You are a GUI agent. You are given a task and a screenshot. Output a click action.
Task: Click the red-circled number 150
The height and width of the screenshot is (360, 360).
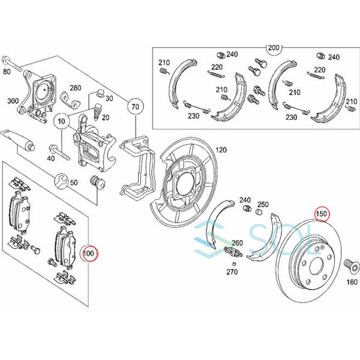[x=322, y=214]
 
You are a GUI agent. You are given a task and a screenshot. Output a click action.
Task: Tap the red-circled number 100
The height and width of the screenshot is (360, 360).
[x=89, y=253]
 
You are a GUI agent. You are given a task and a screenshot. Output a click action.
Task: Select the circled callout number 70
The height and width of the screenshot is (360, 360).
[x=135, y=107]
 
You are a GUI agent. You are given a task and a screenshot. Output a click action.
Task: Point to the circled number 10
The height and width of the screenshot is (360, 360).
[x=62, y=121]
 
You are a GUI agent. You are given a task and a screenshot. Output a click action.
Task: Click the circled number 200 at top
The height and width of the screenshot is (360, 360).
[x=274, y=49]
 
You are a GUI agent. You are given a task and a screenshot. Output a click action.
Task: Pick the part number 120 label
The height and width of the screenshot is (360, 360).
[x=221, y=150]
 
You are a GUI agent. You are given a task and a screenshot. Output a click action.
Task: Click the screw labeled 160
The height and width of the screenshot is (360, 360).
[x=351, y=266]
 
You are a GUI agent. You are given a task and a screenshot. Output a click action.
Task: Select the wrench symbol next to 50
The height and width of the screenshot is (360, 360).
[x=61, y=181]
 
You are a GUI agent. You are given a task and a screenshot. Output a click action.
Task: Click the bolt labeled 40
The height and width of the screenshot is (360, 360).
[x=59, y=152]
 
